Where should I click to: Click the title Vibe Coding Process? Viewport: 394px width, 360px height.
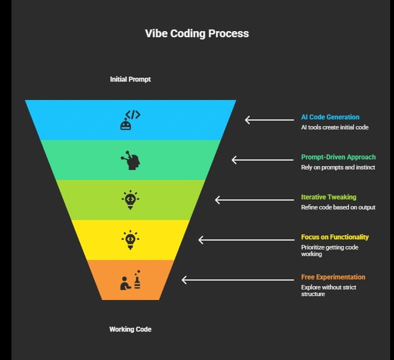click(x=197, y=33)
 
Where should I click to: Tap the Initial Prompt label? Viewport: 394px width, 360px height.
click(x=130, y=79)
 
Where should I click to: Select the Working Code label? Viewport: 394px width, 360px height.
click(x=130, y=329)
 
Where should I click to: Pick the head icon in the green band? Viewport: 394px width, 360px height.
click(x=130, y=160)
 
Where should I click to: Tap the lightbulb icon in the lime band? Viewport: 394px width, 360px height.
click(x=130, y=200)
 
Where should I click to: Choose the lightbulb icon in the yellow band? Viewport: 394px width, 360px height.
click(x=130, y=240)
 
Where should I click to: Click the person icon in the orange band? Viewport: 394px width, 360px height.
click(x=130, y=280)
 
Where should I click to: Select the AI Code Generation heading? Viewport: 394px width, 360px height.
click(x=330, y=117)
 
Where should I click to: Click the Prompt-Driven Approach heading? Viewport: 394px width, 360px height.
click(x=338, y=157)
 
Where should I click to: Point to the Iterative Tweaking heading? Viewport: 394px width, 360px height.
click(x=329, y=197)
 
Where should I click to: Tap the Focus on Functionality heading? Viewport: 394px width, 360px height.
click(x=335, y=237)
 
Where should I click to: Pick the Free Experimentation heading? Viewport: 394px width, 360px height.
click(x=333, y=277)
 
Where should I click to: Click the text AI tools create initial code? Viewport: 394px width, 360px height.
click(x=335, y=127)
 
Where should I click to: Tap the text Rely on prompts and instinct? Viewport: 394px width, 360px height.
click(x=338, y=167)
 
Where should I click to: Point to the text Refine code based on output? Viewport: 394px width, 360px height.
click(x=338, y=207)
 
